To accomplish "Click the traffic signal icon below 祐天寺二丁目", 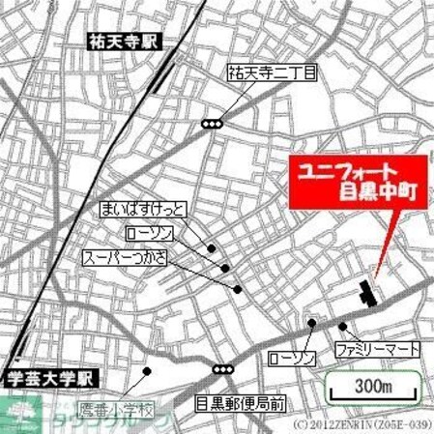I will click(212, 123).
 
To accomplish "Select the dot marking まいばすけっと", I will click(211, 247).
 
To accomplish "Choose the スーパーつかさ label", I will click(125, 259).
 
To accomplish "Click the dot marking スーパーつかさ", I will click(237, 288).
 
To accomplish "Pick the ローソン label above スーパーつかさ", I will click(151, 234).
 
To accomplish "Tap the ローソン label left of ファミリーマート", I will click(292, 359).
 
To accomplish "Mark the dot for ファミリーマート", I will click(342, 326).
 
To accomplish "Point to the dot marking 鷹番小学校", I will click(147, 370).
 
